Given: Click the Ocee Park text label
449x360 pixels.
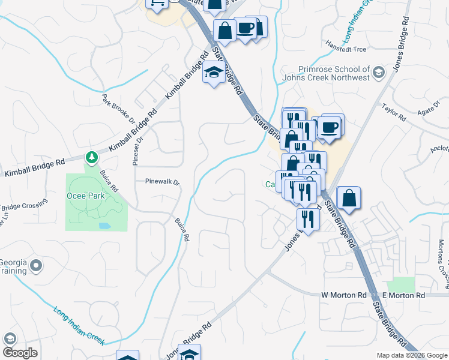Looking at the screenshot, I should [x=85, y=196].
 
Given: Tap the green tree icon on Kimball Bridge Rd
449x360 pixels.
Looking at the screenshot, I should [x=91, y=158].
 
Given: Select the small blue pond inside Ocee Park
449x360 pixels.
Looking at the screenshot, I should [x=105, y=226].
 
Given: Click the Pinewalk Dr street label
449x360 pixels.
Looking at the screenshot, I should [x=162, y=181].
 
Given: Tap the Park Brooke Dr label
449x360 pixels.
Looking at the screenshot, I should [x=118, y=109].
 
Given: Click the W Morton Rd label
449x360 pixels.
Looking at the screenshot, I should [x=343, y=295].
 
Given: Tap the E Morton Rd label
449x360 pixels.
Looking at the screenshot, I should [x=403, y=295].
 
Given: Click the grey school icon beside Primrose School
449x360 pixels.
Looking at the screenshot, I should [x=378, y=73].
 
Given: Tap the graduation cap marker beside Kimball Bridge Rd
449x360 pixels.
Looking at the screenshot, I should [x=213, y=73].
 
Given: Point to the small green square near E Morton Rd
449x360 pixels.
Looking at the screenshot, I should [x=401, y=284].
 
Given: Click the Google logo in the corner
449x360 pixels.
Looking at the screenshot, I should [x=20, y=353].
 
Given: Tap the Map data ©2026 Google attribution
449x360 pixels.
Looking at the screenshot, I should [x=411, y=355].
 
